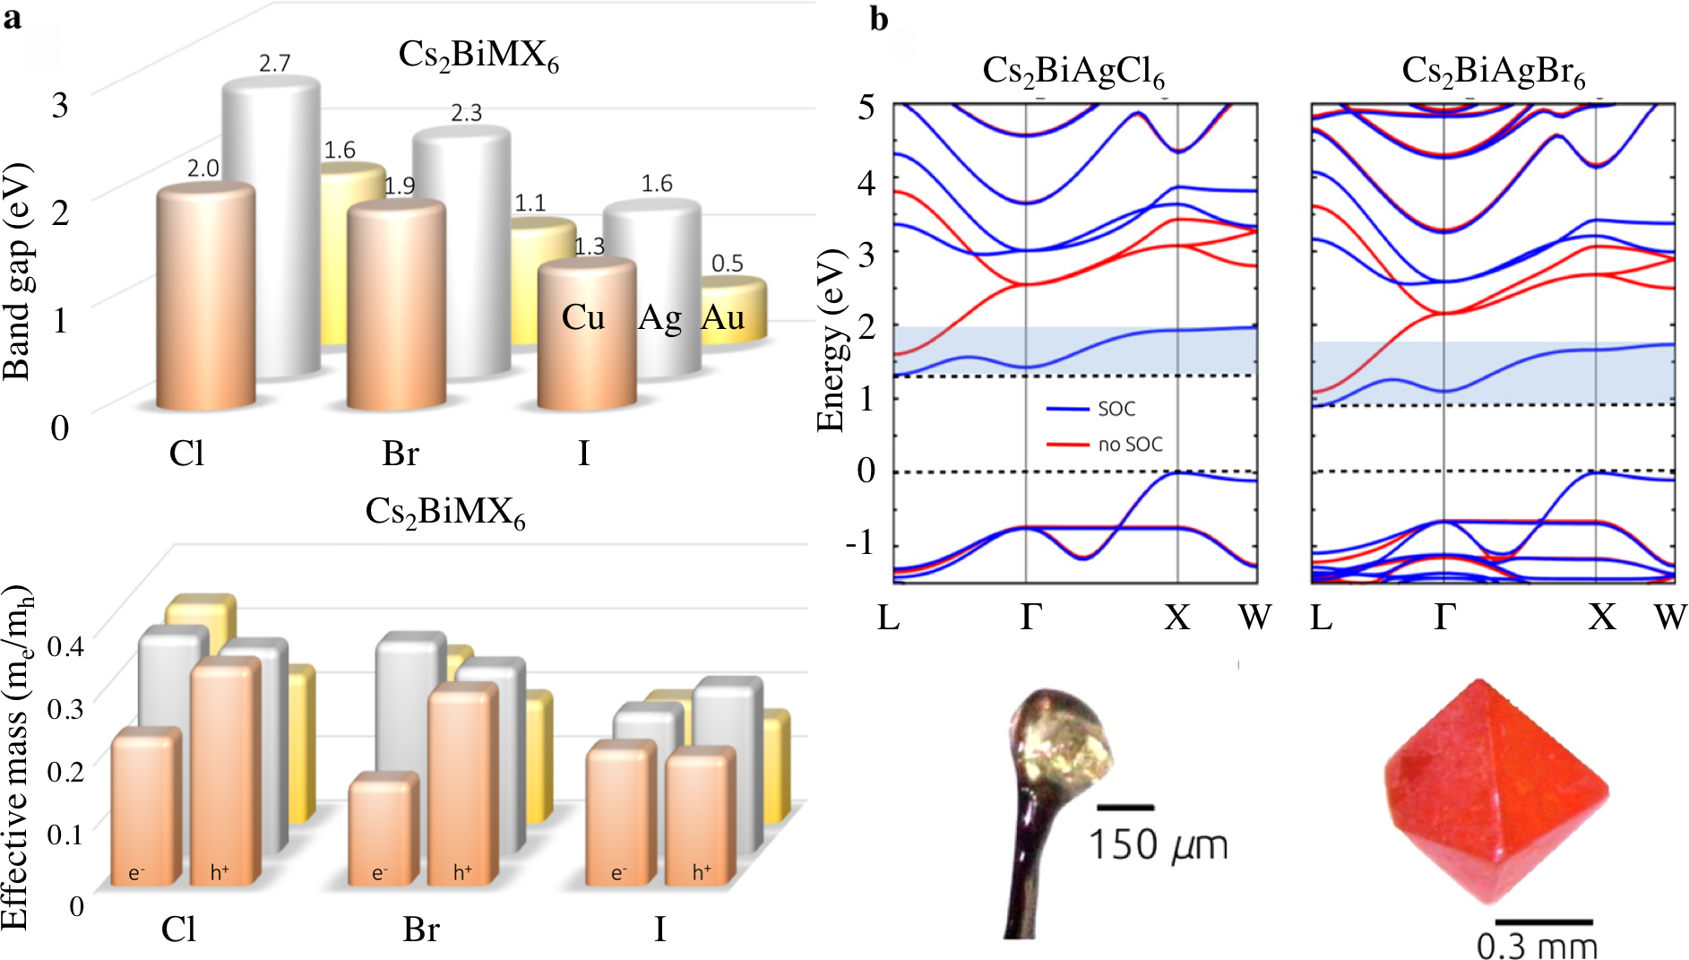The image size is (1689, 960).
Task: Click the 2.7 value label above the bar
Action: (x=275, y=64)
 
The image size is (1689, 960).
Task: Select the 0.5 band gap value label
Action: (x=728, y=264)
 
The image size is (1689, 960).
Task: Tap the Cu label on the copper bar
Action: (x=583, y=317)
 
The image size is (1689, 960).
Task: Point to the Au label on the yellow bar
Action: (x=723, y=317)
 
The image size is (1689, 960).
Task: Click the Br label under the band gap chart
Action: (x=400, y=454)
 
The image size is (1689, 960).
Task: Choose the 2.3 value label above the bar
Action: (x=466, y=113)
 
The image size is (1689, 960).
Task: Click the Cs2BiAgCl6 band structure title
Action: (x=1073, y=72)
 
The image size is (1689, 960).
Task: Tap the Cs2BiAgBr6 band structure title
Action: (x=1493, y=72)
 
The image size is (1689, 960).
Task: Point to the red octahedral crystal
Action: (x=1494, y=789)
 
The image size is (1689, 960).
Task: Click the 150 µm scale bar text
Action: (x=1158, y=845)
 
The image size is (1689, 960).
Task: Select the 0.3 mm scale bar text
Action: (x=1537, y=946)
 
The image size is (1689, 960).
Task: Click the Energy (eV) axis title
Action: (x=832, y=341)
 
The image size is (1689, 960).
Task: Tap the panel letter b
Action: (x=879, y=19)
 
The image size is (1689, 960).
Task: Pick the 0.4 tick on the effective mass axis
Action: (x=65, y=645)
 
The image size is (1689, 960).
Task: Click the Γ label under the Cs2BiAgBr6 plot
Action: (x=1443, y=617)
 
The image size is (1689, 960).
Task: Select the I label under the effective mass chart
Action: (x=659, y=930)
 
